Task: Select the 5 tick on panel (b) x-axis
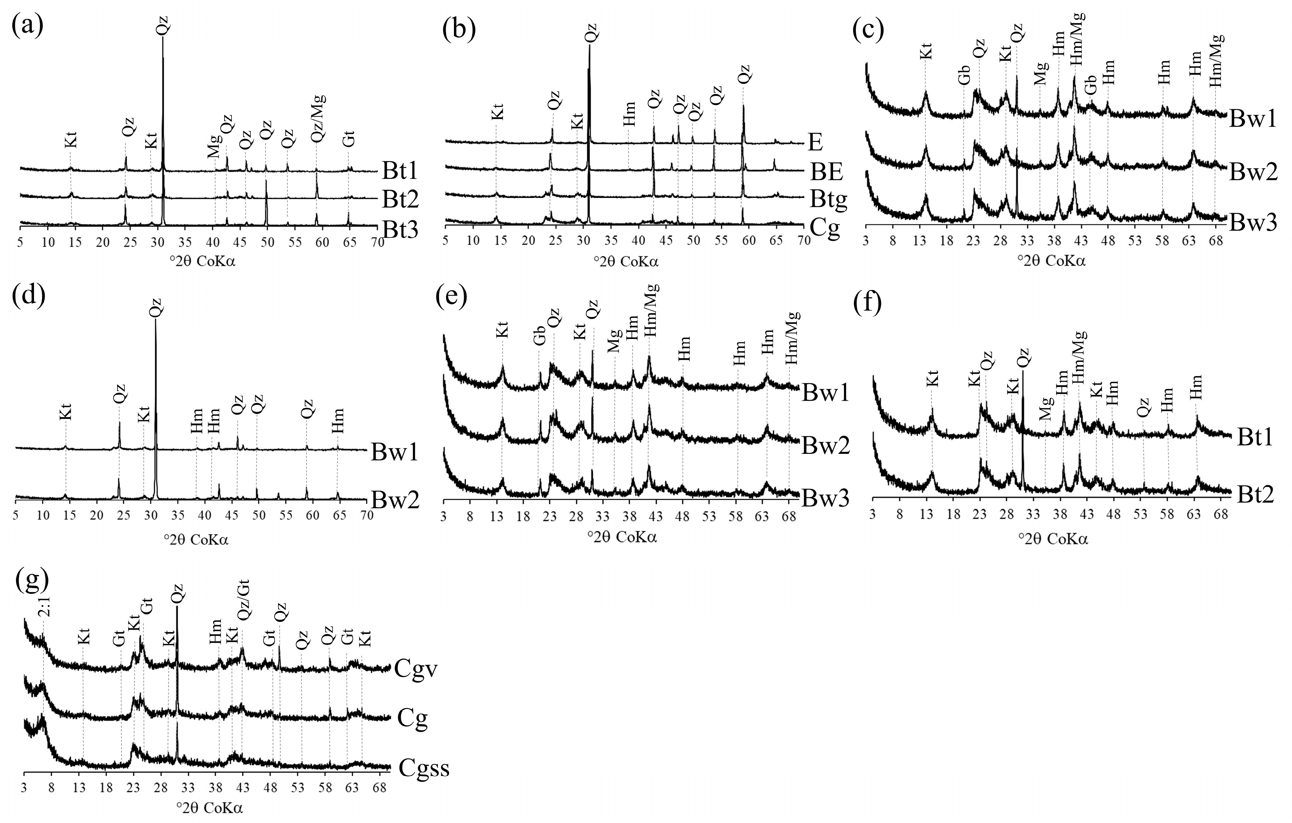point(445,241)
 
